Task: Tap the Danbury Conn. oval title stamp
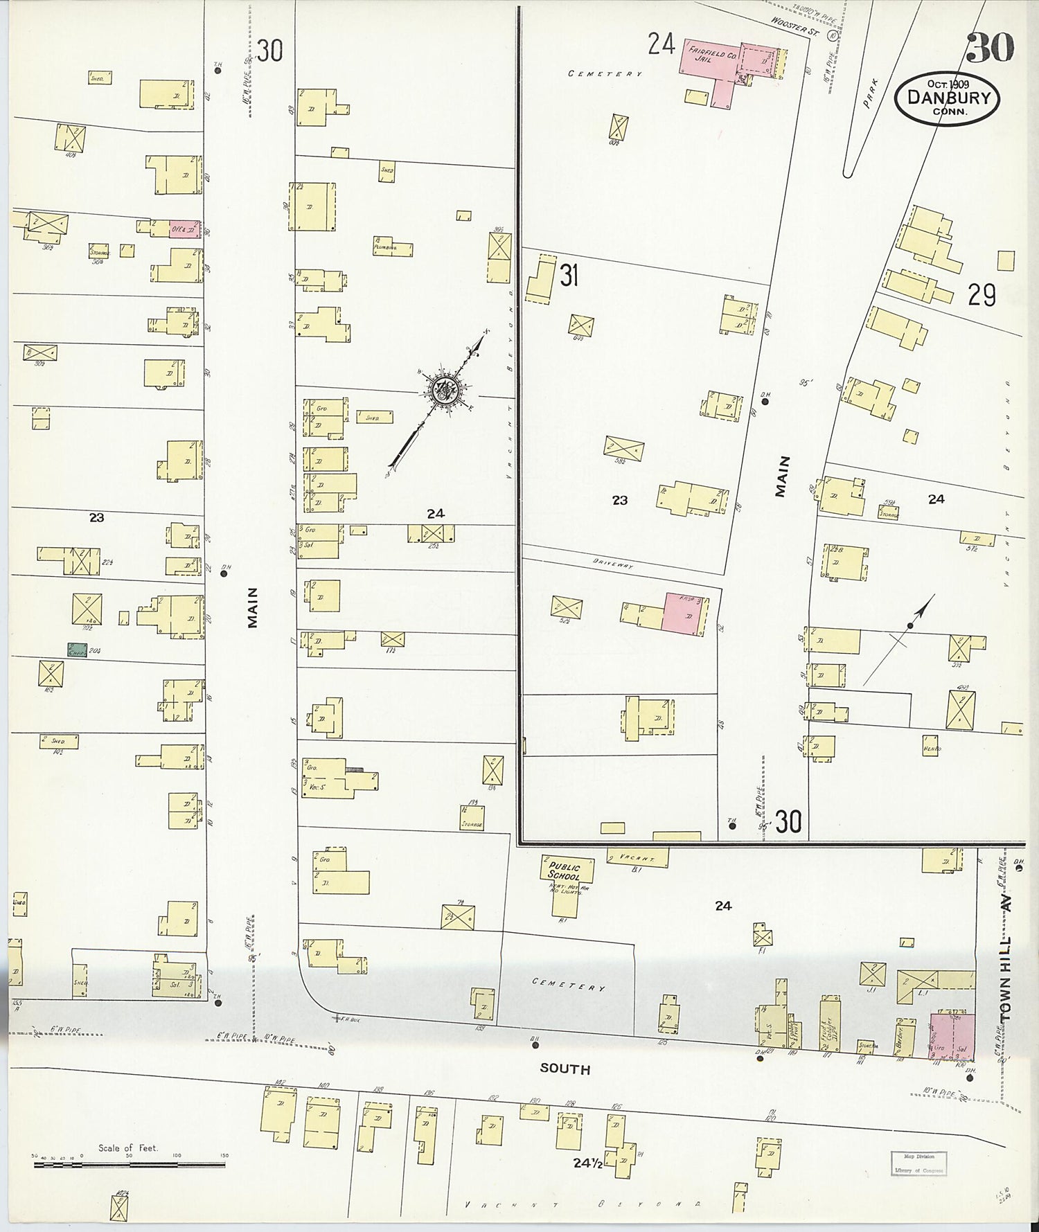click(x=947, y=98)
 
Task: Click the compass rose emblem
click(x=442, y=392)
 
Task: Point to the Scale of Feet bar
click(x=129, y=1164)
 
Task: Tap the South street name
click(x=565, y=1069)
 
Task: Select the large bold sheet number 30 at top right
click(x=990, y=47)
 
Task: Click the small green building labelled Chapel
click(x=77, y=650)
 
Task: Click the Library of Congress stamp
click(x=918, y=1164)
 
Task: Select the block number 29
click(x=982, y=296)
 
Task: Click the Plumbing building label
click(x=383, y=246)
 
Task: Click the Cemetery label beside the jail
click(x=605, y=73)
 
